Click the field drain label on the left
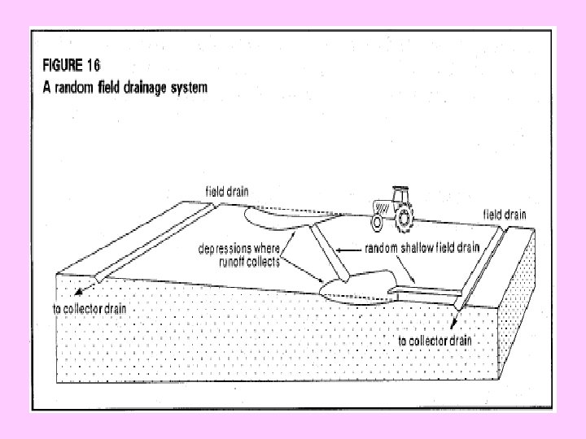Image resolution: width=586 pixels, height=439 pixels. pos(227,191)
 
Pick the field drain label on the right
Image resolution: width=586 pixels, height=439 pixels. pos(505,214)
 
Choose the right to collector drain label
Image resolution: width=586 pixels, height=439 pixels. pos(435,340)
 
